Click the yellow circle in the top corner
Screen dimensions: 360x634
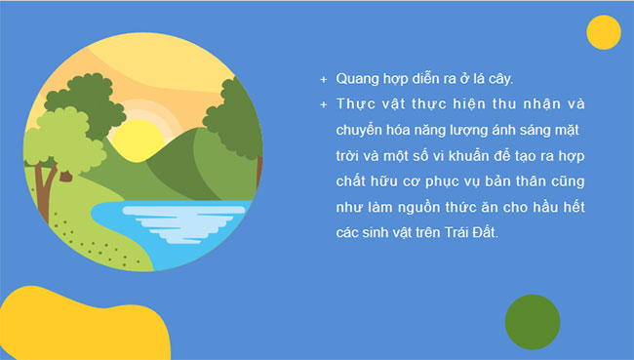point(604,32)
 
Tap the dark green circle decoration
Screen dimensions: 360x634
point(533,321)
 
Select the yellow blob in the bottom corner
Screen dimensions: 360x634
point(78,327)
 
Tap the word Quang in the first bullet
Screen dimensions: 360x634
point(357,77)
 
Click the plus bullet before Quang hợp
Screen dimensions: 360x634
point(324,78)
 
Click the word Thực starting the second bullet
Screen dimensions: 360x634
point(355,103)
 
